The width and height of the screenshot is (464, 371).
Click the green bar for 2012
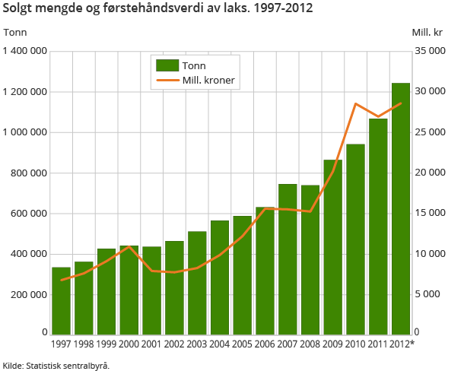coord(401,209)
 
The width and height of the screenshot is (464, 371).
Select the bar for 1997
coord(61,301)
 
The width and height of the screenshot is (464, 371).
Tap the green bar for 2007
coord(288,259)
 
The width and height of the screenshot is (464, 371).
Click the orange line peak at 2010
coord(355,103)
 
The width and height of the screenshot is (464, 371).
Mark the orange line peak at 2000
coord(129,246)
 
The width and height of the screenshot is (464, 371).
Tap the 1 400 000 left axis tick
coord(25,51)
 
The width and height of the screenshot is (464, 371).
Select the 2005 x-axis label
coord(242,344)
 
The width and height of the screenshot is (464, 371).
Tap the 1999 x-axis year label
coord(106,344)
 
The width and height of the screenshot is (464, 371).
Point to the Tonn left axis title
coord(15,32)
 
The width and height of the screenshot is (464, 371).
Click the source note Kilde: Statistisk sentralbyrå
coord(56,365)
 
